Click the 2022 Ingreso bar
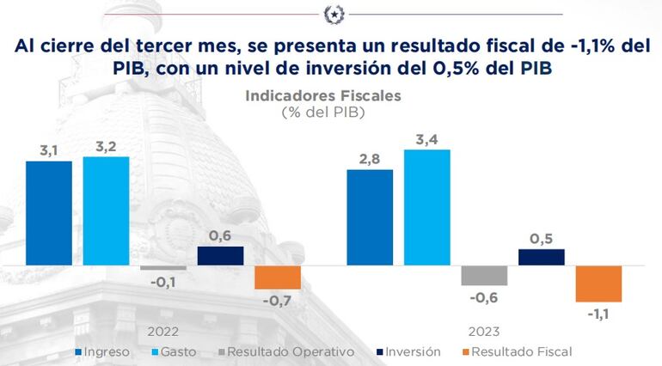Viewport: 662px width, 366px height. (49, 213)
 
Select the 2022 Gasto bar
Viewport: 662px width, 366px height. (106, 210)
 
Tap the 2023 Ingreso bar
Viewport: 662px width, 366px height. (370, 217)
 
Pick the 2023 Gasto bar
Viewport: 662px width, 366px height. (426, 207)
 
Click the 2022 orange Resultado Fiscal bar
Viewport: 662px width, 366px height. (278, 278)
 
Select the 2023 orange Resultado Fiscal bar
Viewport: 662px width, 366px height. (598, 284)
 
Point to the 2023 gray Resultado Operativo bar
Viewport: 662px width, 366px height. (484, 275)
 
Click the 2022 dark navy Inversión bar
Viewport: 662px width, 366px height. (220, 256)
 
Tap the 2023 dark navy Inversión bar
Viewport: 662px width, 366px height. (542, 257)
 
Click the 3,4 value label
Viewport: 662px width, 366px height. (426, 138)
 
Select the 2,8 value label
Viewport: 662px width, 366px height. (370, 158)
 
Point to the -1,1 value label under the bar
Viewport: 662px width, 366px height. (599, 314)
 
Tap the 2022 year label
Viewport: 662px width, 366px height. (163, 331)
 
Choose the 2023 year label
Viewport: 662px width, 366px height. (483, 331)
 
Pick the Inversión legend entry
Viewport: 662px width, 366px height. (408, 351)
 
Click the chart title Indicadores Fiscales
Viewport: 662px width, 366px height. (323, 96)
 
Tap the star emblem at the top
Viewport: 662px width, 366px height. (333, 14)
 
